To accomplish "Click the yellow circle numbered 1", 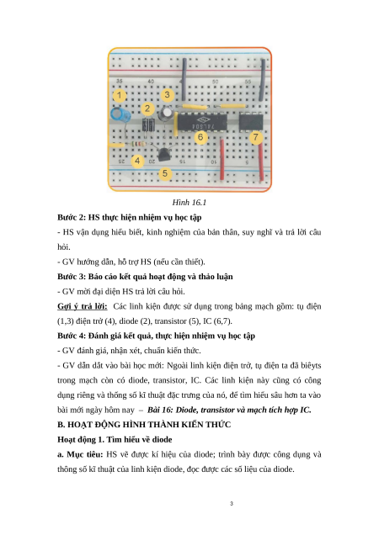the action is tap(119, 95).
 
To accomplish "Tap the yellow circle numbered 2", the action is tap(147, 109).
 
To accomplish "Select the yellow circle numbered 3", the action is tap(167, 94).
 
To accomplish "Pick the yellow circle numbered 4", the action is tap(137, 161).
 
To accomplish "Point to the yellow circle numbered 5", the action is tap(165, 173).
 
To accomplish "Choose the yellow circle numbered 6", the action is tap(200, 137).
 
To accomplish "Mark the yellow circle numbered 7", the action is tap(256, 137).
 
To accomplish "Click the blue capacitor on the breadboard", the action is tap(120, 114).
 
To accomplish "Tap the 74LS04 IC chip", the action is tap(202, 122).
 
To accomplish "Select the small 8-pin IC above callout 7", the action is tap(251, 122).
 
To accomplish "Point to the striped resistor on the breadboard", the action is tap(136, 145).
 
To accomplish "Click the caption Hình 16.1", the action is tap(189, 203).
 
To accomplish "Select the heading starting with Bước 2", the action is tap(130, 217).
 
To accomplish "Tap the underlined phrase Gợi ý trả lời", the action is tap(83, 306).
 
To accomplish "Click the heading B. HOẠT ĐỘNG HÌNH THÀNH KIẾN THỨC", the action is tap(144, 425).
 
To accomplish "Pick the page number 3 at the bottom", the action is tap(232, 503).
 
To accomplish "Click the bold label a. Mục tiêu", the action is tap(80, 454).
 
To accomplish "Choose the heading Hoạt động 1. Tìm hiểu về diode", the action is tap(115, 439).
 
